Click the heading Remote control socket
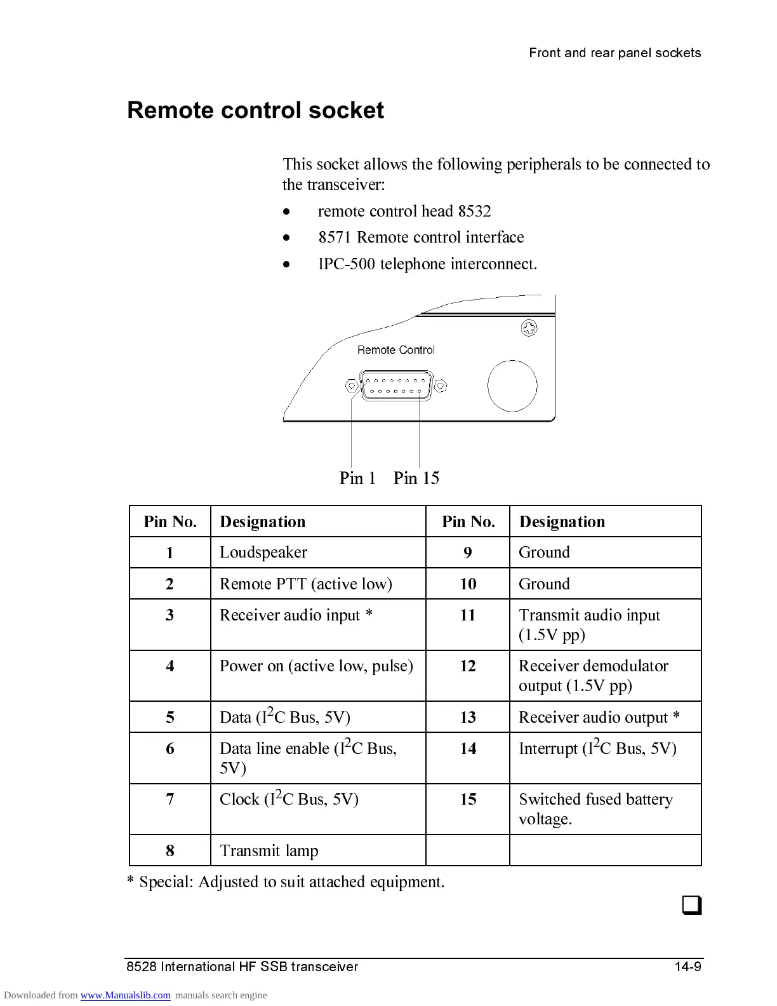255,111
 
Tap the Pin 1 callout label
357,478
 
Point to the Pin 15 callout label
416,478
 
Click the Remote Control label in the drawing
396,350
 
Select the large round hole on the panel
512,386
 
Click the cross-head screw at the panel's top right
529,328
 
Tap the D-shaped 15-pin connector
396,386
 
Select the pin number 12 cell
468,666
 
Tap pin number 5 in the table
170,718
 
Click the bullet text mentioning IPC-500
427,264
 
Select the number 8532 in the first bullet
475,211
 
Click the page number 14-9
687,967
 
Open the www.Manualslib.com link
125,995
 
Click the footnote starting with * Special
286,882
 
